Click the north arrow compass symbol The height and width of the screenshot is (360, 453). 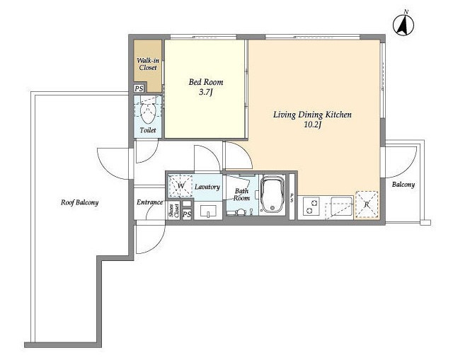(403, 25)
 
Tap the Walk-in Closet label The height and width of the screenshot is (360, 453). (148, 64)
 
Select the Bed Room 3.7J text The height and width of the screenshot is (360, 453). (206, 86)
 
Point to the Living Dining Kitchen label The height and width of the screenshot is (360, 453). (312, 115)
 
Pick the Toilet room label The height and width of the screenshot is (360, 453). (148, 130)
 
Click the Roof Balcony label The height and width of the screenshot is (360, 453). (79, 202)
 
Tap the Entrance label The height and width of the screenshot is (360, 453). (149, 202)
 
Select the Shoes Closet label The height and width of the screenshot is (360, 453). (173, 210)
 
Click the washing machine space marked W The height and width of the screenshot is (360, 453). (180, 185)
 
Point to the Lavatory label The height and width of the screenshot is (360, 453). (207, 187)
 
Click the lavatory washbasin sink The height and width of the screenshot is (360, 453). (208, 211)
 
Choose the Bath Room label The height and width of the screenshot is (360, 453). (241, 194)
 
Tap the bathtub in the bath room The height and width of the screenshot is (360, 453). (272, 194)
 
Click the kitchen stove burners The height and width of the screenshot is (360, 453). (311, 206)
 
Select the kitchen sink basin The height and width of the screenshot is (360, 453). (341, 207)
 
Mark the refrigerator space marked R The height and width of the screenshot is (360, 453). (367, 204)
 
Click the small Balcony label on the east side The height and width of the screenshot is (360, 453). (403, 185)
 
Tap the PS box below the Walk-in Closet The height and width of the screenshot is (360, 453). (139, 88)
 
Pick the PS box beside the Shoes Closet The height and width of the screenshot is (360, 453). (187, 214)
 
